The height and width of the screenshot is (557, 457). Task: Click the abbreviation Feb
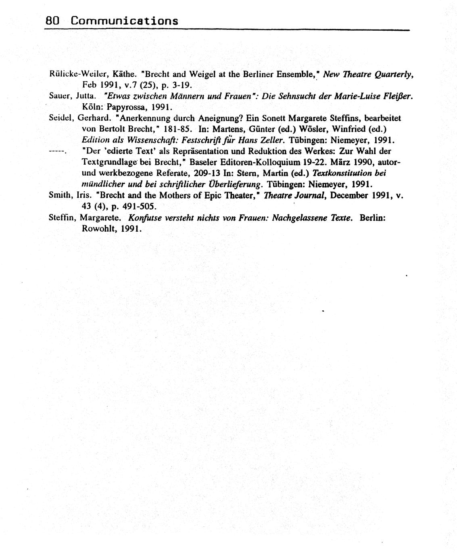click(88, 85)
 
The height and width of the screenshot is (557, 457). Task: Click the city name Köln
click(93, 107)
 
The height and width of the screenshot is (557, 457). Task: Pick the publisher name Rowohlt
click(96, 229)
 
